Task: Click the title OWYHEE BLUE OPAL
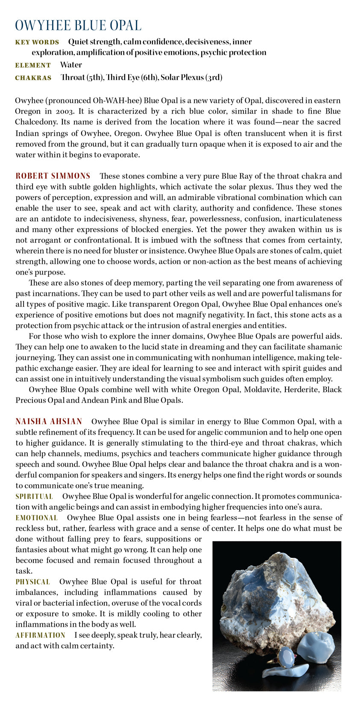pyautogui.click(x=78, y=25)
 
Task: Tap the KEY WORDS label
pyautogui.click(x=37, y=42)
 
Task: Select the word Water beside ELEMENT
pyautogui.click(x=71, y=65)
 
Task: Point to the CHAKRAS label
pyautogui.click(x=33, y=78)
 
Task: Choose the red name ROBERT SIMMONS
pyautogui.click(x=53, y=176)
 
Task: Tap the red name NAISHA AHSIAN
pyautogui.click(x=49, y=421)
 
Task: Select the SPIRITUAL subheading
pyautogui.click(x=34, y=496)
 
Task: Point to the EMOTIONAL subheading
pyautogui.click(x=37, y=517)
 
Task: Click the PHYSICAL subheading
pyautogui.click(x=33, y=581)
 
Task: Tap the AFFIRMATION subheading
pyautogui.click(x=41, y=635)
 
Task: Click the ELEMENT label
pyautogui.click(x=33, y=65)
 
